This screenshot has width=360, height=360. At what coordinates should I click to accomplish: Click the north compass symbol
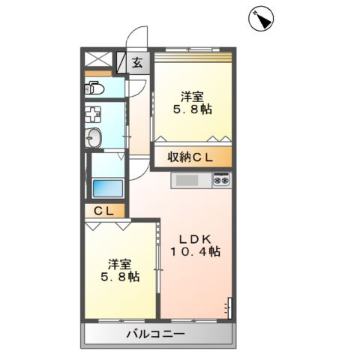coord(261,18)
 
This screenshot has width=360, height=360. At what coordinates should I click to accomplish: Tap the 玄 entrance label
coord(137,62)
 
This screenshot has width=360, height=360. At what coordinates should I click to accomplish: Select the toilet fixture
coord(94,88)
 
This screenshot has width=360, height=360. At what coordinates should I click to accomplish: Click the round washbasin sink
coord(94,137)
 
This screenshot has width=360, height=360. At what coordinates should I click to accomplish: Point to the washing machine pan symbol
coord(93,115)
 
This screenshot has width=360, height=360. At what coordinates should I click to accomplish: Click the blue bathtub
coord(108,188)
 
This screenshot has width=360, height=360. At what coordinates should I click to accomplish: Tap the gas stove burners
coord(222,180)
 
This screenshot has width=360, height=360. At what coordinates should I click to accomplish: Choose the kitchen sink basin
coord(187,180)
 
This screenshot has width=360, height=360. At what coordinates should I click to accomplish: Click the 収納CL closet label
coord(190,157)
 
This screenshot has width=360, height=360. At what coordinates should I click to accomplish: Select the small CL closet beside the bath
coord(104,211)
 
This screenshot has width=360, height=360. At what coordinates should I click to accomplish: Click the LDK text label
coord(195,239)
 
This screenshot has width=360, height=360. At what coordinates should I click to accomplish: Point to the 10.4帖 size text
coord(196,251)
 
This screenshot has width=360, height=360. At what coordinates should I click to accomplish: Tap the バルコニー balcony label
coord(155,334)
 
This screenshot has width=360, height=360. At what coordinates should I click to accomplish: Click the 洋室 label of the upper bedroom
coord(193,97)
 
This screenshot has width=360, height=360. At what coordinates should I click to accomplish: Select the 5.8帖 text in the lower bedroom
coord(120,277)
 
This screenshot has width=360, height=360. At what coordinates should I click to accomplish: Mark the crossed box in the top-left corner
coord(98,59)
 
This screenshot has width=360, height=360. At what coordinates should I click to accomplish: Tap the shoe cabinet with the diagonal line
coord(121,62)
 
